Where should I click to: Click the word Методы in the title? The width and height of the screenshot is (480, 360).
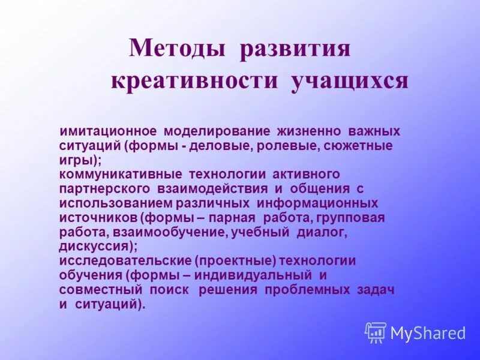click(177, 49)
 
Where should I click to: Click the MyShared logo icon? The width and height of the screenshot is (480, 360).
click(376, 332)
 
